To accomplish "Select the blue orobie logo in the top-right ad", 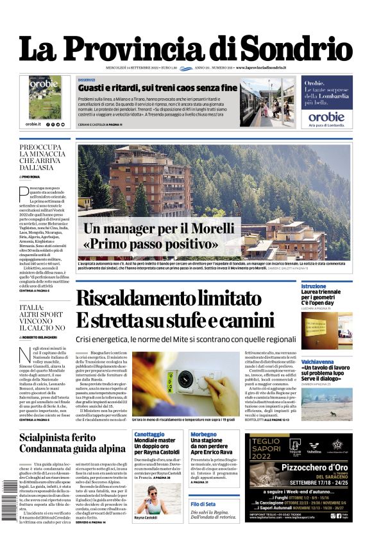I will tap(326, 117).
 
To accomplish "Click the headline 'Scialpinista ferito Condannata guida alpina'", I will tap(72, 442).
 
